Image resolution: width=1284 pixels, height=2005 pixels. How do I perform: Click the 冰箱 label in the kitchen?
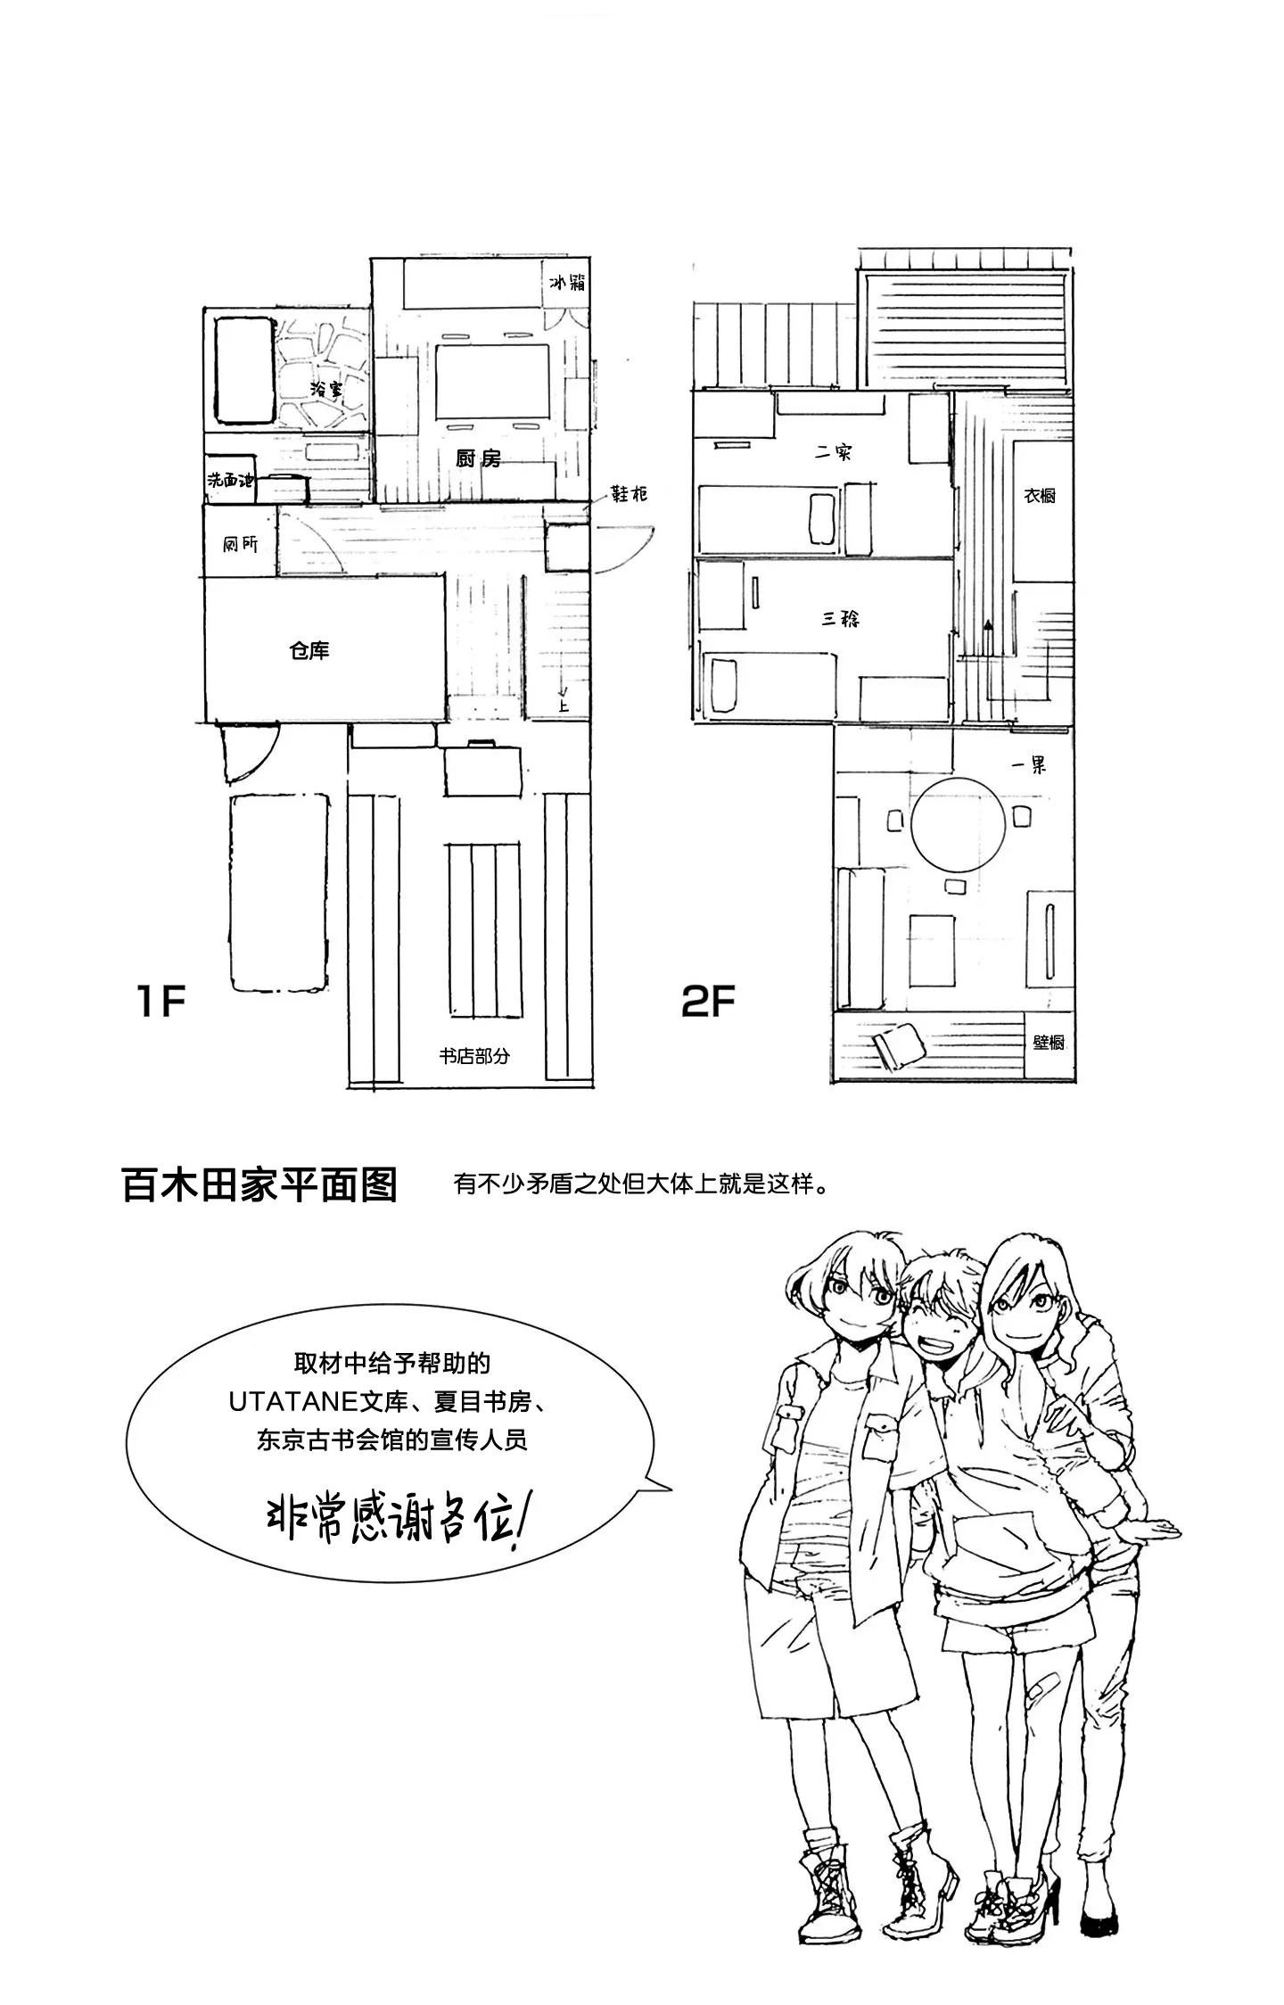point(566,284)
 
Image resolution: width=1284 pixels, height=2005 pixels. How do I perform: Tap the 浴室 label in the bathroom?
point(326,389)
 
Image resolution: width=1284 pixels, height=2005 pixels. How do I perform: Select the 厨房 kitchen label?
point(478,458)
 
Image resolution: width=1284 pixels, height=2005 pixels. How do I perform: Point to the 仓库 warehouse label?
point(309,651)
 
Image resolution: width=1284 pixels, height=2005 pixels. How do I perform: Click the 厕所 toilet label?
point(240,542)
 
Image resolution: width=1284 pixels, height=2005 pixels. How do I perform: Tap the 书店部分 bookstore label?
point(474,1056)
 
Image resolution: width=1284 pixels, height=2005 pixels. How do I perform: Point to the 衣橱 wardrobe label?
point(1040,495)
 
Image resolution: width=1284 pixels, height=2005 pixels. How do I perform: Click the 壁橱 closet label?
point(1049,1041)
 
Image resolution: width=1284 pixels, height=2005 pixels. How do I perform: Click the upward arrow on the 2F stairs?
point(988,630)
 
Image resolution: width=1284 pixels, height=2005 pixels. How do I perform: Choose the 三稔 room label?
point(840,617)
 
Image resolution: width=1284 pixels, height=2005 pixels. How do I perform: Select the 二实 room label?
point(834,452)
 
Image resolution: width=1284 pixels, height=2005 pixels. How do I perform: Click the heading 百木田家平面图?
point(259,1185)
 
